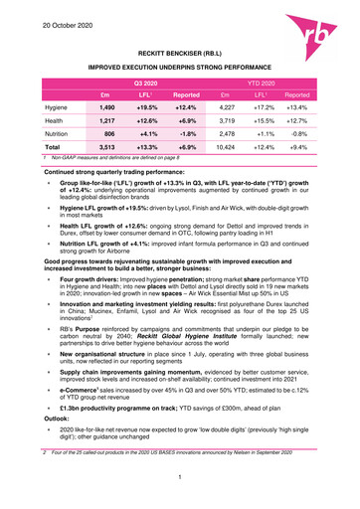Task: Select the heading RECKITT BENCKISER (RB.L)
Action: click(x=180, y=49)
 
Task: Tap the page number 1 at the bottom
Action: click(x=180, y=480)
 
